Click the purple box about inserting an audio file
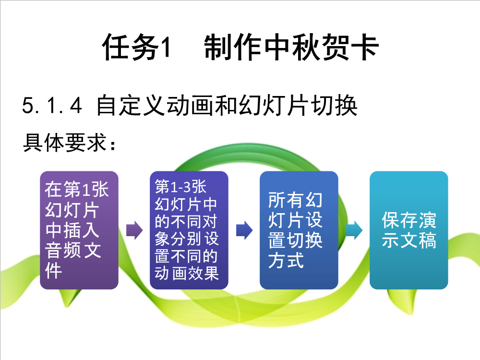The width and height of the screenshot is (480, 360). (79, 230)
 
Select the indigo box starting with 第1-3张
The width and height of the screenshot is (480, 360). (189, 230)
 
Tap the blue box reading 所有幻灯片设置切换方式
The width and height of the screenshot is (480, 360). (299, 230)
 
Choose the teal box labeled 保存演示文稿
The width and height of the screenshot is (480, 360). (408, 230)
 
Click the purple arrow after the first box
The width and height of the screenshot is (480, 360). (134, 230)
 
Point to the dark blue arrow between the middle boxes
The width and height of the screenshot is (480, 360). (244, 230)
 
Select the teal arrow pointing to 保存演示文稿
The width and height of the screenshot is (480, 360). (354, 230)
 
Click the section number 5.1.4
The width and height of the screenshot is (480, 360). (52, 105)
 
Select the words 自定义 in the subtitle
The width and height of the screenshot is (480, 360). (131, 105)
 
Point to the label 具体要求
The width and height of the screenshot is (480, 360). (65, 143)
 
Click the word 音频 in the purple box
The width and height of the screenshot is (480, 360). (63, 251)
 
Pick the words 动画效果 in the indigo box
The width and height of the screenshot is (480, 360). (186, 273)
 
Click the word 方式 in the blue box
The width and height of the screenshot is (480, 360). (286, 260)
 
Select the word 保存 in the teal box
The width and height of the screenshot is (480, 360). (399, 220)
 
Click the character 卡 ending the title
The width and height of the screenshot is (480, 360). (365, 47)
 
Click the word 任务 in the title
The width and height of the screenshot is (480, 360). (131, 47)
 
